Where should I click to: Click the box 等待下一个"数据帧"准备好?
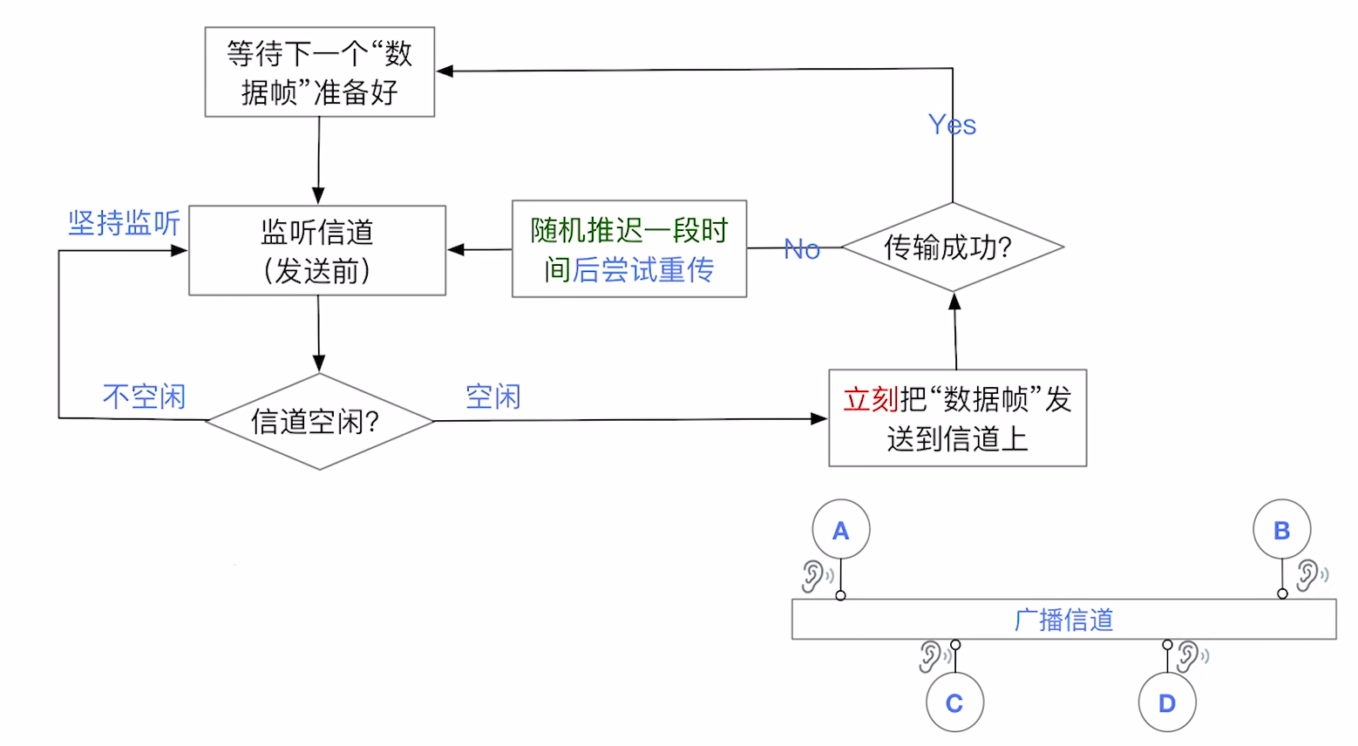coord(319,72)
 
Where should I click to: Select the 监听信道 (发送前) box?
coord(317,251)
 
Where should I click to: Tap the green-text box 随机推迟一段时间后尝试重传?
coord(628,249)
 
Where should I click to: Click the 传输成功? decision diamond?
coord(952,248)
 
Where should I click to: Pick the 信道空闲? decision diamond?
coord(319,422)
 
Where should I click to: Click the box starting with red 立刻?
coord(957,418)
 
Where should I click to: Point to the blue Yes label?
coord(952,125)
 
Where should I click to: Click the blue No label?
coord(802,249)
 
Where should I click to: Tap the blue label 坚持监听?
coord(124,223)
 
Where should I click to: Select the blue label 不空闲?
coord(144,397)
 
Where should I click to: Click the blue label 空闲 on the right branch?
coord(492,397)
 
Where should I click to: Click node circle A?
coord(840,530)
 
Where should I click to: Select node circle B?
coord(1281,530)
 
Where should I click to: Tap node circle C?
coord(954,702)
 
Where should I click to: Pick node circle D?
coord(1167,702)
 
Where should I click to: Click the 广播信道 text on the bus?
coord(1063,620)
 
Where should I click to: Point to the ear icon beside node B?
coord(1308,575)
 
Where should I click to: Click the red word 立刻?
coord(870,399)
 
